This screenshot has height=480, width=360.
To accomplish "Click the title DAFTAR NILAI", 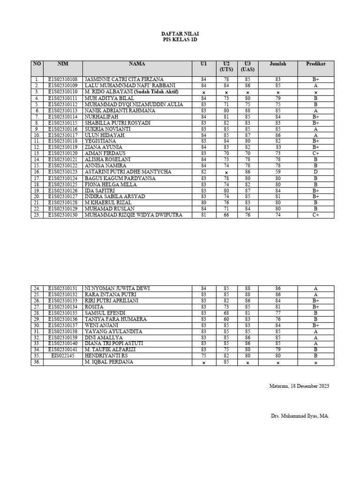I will pyautogui.click(x=180, y=35).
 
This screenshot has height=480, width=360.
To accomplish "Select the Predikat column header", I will pyautogui.click(x=315, y=64).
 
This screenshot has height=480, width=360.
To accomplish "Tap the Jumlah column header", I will pyautogui.click(x=277, y=64).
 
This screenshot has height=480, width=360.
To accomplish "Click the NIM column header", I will pyautogui.click(x=62, y=64).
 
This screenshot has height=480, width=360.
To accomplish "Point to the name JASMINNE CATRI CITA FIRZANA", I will pyautogui.click(x=124, y=80).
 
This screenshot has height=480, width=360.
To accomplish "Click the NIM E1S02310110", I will pyautogui.click(x=62, y=92).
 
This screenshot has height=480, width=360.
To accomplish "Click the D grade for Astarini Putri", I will pyautogui.click(x=315, y=172).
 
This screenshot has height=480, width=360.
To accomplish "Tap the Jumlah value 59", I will pyautogui.click(x=277, y=172).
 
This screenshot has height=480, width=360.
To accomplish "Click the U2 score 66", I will pyautogui.click(x=226, y=215).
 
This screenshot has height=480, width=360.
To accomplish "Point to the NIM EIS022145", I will pyautogui.click(x=62, y=356).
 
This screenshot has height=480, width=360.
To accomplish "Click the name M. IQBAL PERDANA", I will pyautogui.click(x=109, y=362).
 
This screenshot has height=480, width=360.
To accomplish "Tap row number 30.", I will pyautogui.click(x=37, y=325).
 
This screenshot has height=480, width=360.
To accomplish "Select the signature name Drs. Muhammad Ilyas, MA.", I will pyautogui.click(x=300, y=416).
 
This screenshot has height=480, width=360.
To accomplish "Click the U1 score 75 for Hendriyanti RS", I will pyautogui.click(x=203, y=356).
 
